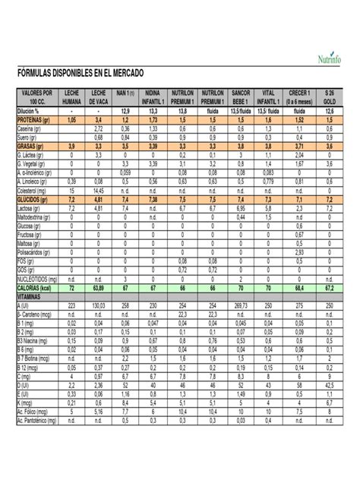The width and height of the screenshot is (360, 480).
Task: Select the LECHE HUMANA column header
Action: (71, 96)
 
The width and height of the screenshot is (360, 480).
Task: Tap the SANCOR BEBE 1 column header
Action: (242, 96)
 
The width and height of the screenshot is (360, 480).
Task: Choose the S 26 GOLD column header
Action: (328, 96)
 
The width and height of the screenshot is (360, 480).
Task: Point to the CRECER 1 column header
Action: (298, 96)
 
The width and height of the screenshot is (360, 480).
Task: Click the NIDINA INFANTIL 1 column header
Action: (153, 96)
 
